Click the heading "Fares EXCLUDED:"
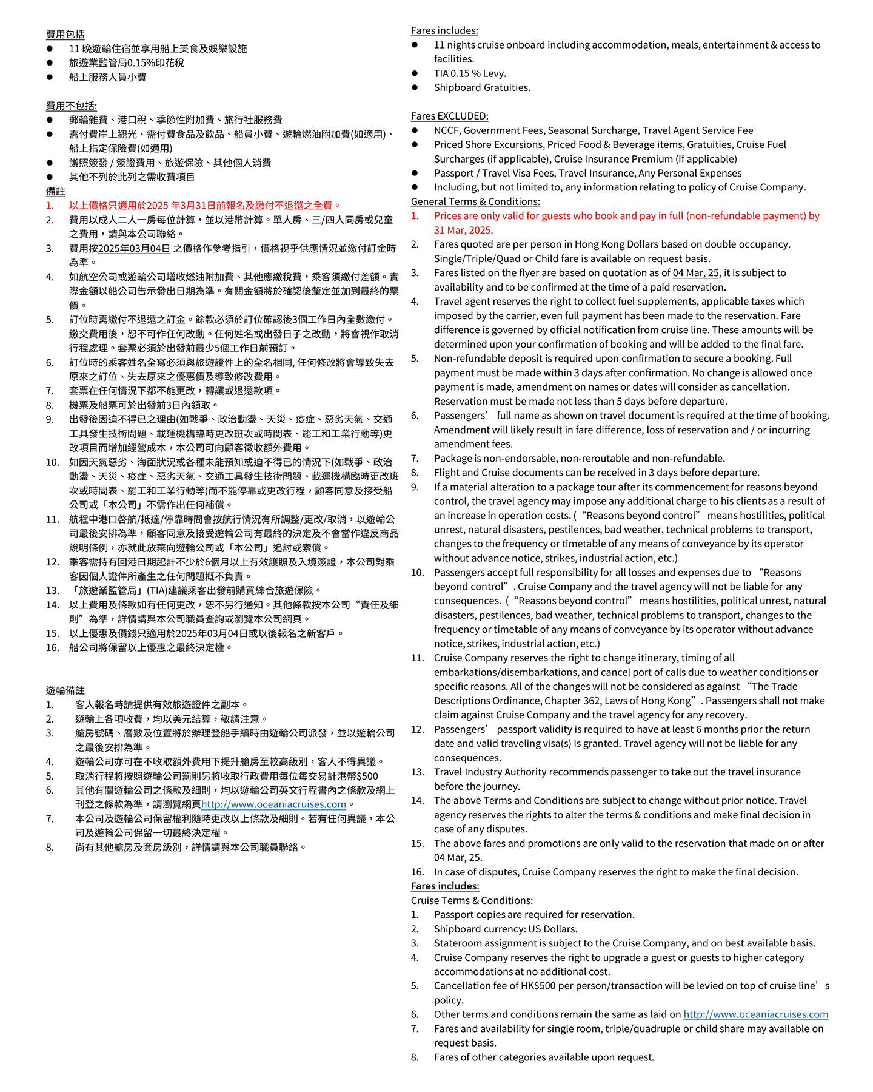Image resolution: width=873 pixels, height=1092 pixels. (449, 116)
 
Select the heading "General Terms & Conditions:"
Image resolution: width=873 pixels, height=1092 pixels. (475, 201)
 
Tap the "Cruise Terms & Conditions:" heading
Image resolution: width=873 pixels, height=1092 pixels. (472, 900)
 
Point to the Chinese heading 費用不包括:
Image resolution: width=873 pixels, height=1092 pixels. (72, 106)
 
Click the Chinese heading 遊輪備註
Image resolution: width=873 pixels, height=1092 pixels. (65, 690)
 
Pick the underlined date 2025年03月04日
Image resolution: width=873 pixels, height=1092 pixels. (134, 248)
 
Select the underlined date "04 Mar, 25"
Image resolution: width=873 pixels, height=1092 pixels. (697, 273)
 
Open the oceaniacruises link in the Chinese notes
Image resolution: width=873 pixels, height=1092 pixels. (273, 804)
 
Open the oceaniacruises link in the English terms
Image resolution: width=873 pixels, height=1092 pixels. (755, 1014)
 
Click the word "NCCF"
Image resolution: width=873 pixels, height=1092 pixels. (446, 130)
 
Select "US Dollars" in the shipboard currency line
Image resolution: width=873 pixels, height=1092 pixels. (552, 929)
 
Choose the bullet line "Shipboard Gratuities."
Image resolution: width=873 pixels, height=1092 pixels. (482, 87)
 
